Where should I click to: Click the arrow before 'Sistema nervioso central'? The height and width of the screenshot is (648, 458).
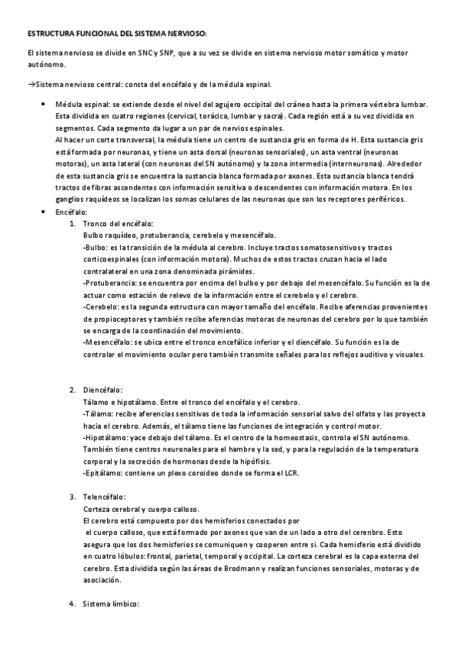coord(31,84)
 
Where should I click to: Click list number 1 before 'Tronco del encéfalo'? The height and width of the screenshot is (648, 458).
coord(72,223)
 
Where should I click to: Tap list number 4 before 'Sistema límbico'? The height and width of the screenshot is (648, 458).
coord(72,604)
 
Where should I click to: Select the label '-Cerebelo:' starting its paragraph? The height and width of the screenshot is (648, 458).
coord(99,306)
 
